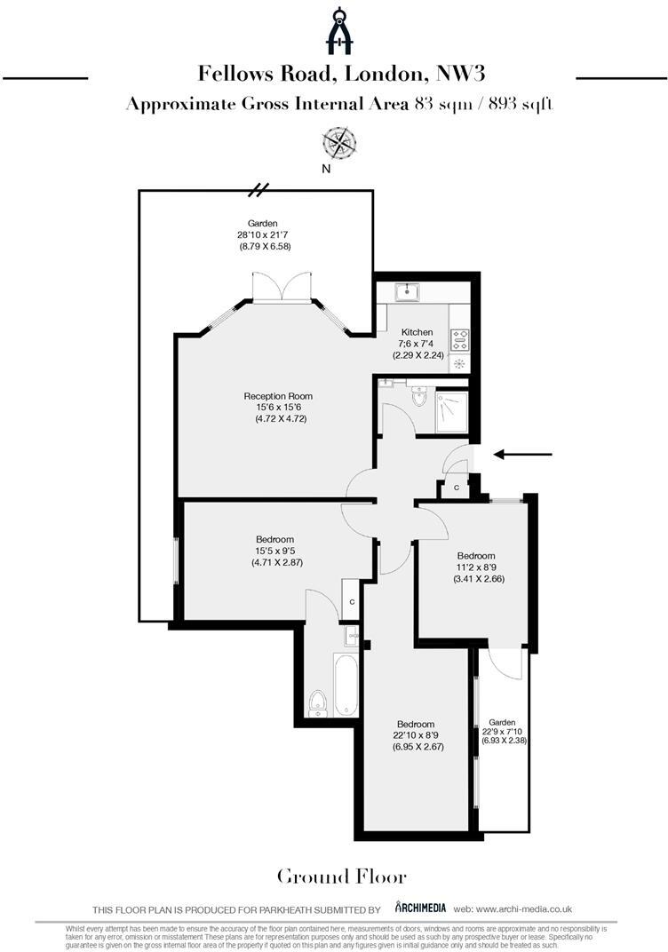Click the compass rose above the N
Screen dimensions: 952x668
(x=338, y=141)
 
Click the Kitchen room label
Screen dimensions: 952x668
(x=417, y=331)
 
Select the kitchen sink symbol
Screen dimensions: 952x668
(x=410, y=290)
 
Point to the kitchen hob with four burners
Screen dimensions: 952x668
(x=460, y=337)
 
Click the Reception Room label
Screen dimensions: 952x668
(x=278, y=396)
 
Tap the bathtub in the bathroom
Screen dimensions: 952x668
(x=345, y=685)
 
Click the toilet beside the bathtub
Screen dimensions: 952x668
(x=317, y=704)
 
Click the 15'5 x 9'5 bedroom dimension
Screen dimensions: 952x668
(x=274, y=551)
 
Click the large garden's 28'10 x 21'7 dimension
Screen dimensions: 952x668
(x=263, y=234)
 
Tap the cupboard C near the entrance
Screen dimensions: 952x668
(x=457, y=488)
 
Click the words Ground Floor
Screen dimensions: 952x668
(x=342, y=877)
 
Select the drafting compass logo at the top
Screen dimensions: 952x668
(x=338, y=31)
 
